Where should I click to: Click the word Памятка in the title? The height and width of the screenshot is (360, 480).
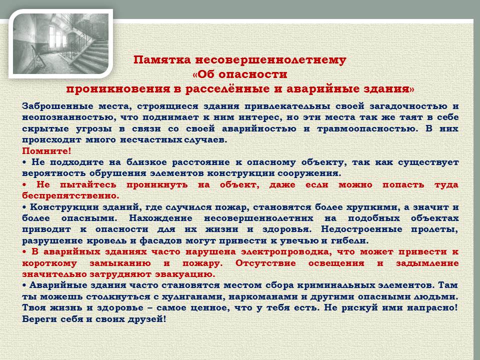pyautogui.click(x=162, y=59)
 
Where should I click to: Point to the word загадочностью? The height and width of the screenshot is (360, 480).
pyautogui.click(x=408, y=106)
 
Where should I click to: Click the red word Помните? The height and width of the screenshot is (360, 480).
pyautogui.click(x=46, y=151)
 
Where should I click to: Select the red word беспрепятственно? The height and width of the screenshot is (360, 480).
pyautogui.click(x=70, y=195)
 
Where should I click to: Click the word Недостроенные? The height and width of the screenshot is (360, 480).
pyautogui.click(x=361, y=229)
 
